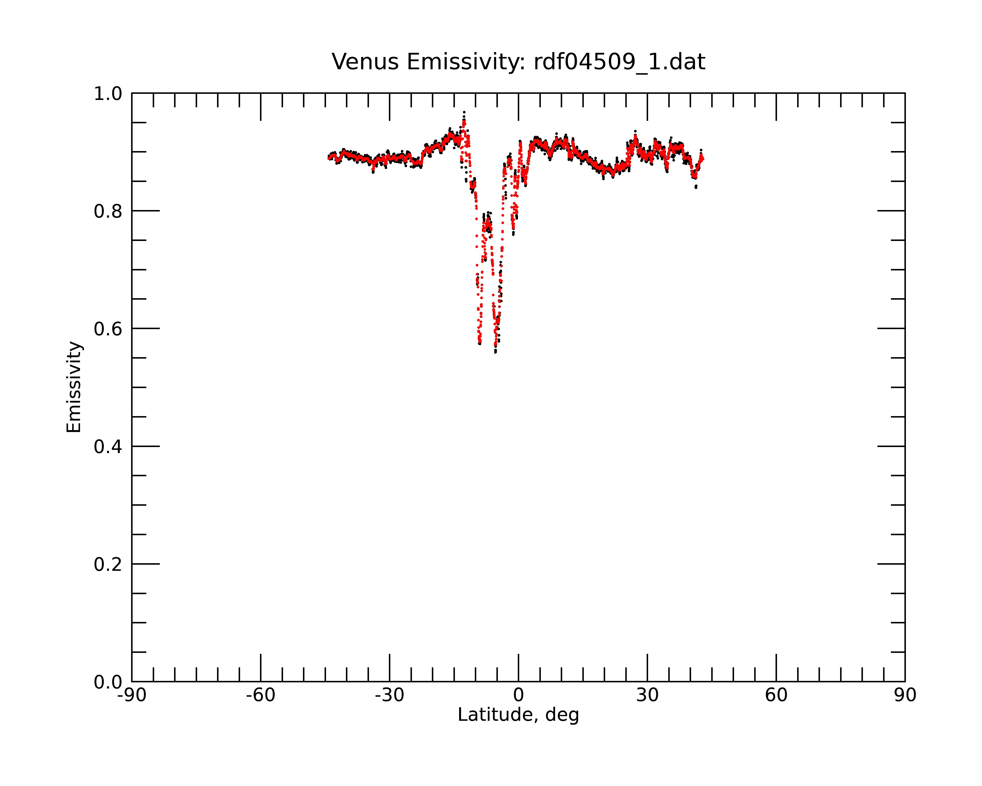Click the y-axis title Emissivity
click(x=74, y=387)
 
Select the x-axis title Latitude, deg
click(x=518, y=715)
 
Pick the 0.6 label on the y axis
click(x=108, y=329)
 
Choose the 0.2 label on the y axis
click(x=108, y=564)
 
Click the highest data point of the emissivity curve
click(x=464, y=112)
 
